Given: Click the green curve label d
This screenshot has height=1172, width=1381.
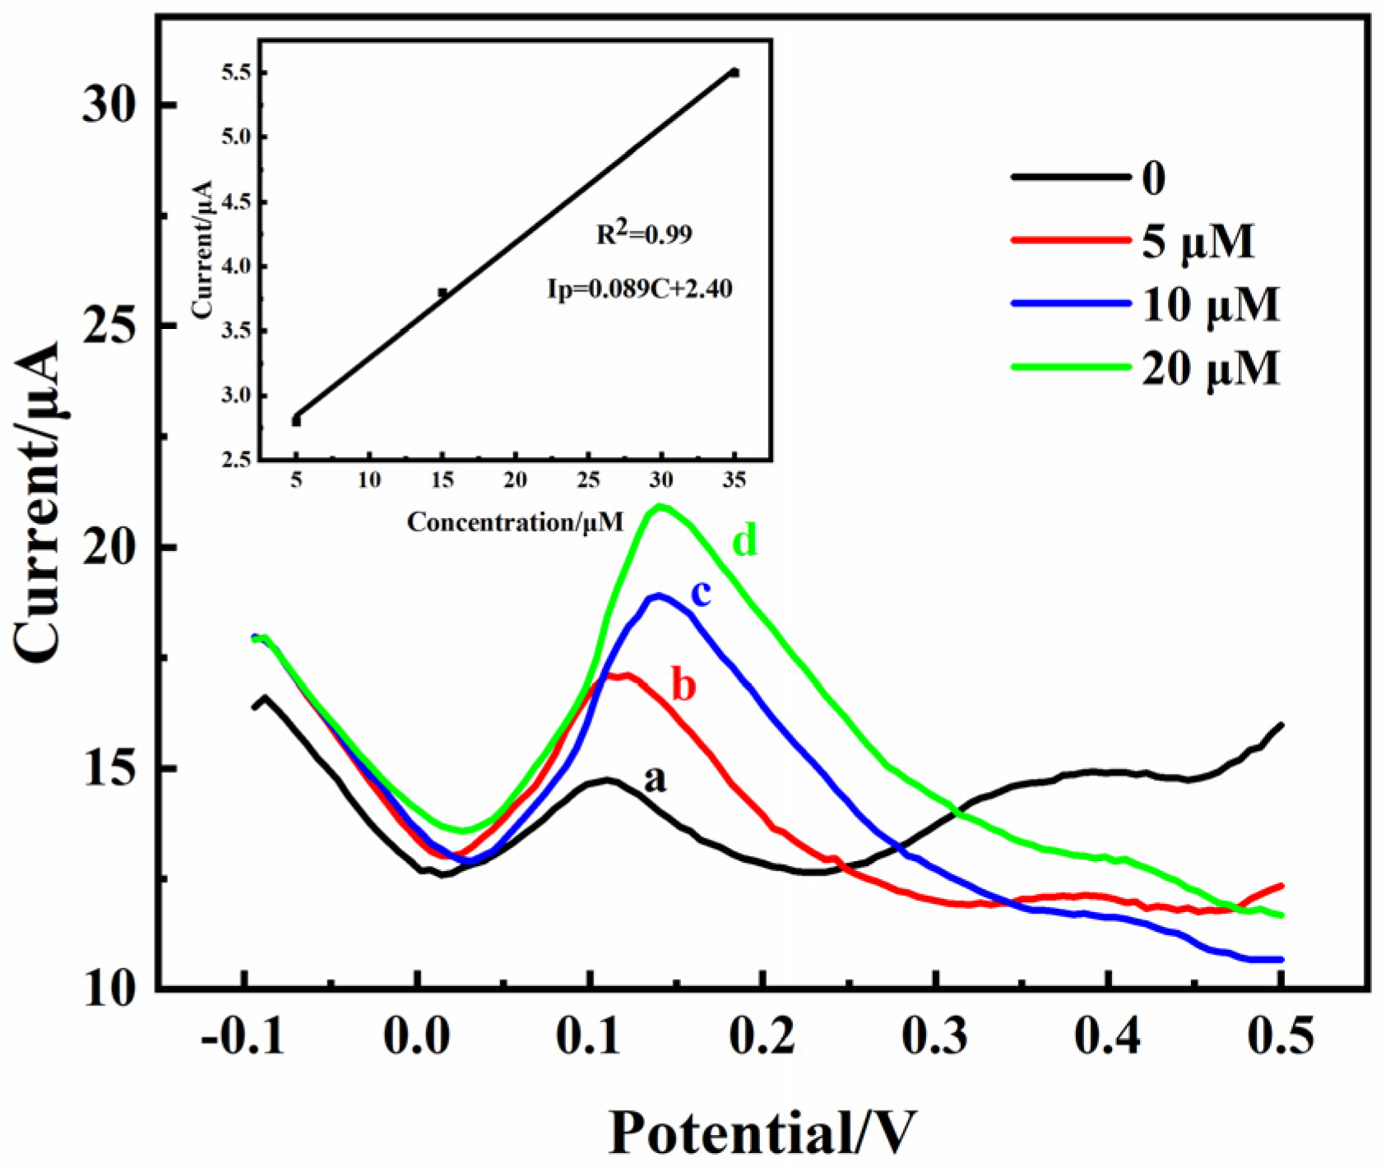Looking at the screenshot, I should point(744,541).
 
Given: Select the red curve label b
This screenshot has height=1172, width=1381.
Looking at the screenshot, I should point(684,684).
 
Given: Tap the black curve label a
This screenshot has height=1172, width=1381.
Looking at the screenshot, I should point(655,777).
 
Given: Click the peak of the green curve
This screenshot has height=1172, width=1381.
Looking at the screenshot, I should point(660,507).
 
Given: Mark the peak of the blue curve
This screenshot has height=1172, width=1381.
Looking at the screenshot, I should point(657,596).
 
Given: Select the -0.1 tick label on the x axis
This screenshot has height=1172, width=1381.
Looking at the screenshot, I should point(243,1038).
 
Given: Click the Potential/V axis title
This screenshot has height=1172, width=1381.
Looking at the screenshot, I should point(761,1133).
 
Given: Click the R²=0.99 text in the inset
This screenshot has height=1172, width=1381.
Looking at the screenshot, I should point(644,234).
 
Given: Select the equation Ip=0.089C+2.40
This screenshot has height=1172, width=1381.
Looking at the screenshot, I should point(640,289).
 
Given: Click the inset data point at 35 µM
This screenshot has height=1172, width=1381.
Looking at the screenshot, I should point(735,72).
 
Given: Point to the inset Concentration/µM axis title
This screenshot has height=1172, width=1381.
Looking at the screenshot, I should point(515,521).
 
